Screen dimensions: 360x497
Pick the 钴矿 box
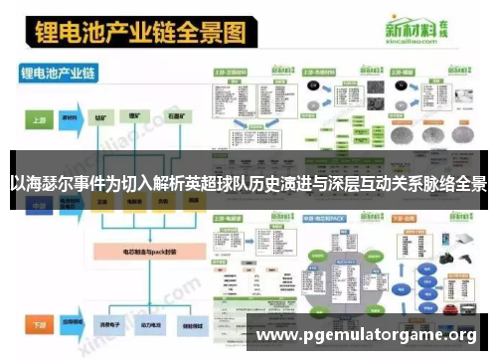[x=101, y=117]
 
